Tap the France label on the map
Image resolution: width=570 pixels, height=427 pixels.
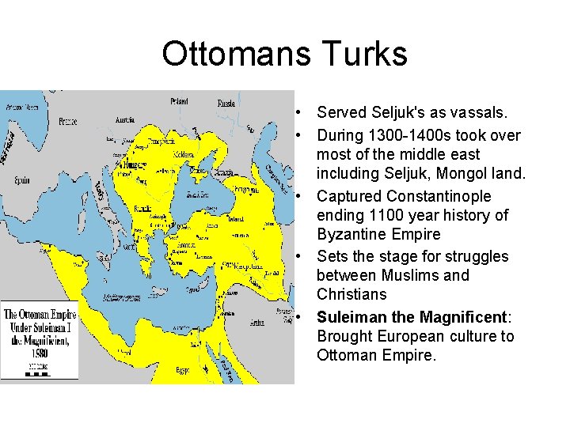[x=67, y=122]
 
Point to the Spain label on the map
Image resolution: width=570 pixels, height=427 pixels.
[x=21, y=179]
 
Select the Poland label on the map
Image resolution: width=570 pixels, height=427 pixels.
[x=179, y=101]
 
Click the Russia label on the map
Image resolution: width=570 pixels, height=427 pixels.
[x=226, y=102]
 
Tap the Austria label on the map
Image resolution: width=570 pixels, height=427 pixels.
[x=125, y=120]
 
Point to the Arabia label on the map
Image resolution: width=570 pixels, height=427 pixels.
[x=257, y=322]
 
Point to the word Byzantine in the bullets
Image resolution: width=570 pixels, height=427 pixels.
[x=353, y=234]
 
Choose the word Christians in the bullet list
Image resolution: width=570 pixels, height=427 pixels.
[x=351, y=294]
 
